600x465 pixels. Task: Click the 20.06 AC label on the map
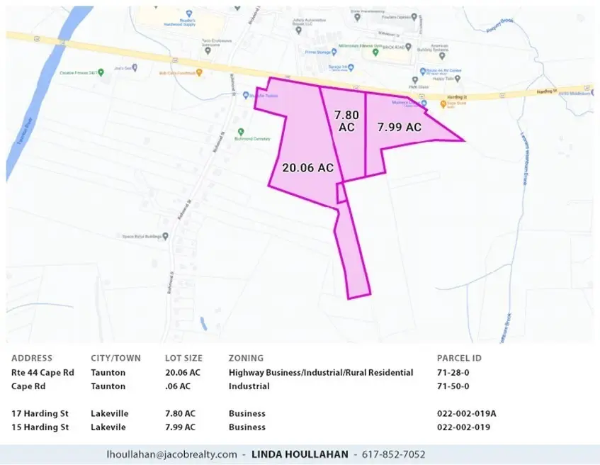coord(307,168)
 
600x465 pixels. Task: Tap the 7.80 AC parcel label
coord(346,120)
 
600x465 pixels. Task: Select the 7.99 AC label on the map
coord(399,128)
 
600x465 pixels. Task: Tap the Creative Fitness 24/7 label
coord(78,72)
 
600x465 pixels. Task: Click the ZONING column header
coord(246,359)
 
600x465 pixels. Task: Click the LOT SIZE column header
coord(183,359)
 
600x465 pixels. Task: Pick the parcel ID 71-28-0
coord(453,373)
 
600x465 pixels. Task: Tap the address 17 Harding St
coord(40,413)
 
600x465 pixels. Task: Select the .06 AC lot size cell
coord(178,386)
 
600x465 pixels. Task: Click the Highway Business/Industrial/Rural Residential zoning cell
coord(321,373)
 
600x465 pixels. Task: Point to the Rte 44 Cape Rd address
coord(43,373)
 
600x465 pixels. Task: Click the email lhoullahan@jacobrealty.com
coord(171,454)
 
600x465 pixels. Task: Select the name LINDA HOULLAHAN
coord(301,454)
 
